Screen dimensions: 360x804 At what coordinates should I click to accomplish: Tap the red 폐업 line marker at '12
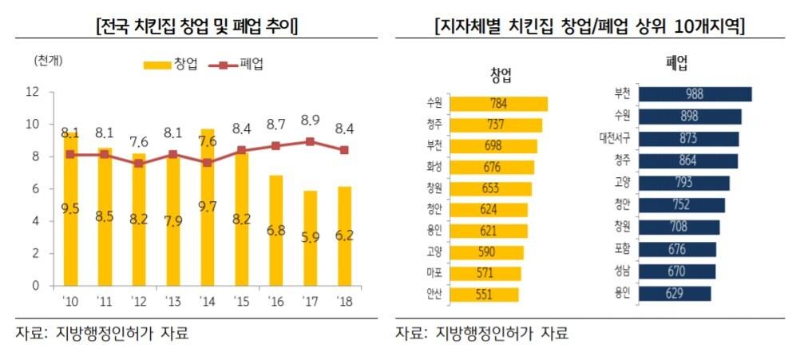pos(138,163)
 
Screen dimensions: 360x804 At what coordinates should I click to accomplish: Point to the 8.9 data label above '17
pos(310,121)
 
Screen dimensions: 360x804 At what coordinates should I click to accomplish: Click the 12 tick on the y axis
pos(33,92)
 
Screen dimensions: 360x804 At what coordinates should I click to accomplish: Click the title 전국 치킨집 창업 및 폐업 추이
pos(196,27)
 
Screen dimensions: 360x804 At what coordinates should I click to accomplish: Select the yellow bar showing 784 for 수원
pos(499,104)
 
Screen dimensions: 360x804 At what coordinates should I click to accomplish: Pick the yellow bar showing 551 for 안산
pos(484,295)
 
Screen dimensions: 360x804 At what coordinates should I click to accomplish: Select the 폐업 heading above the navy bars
pos(677,62)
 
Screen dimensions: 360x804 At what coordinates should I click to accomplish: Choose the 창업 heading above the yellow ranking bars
pos(501,76)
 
